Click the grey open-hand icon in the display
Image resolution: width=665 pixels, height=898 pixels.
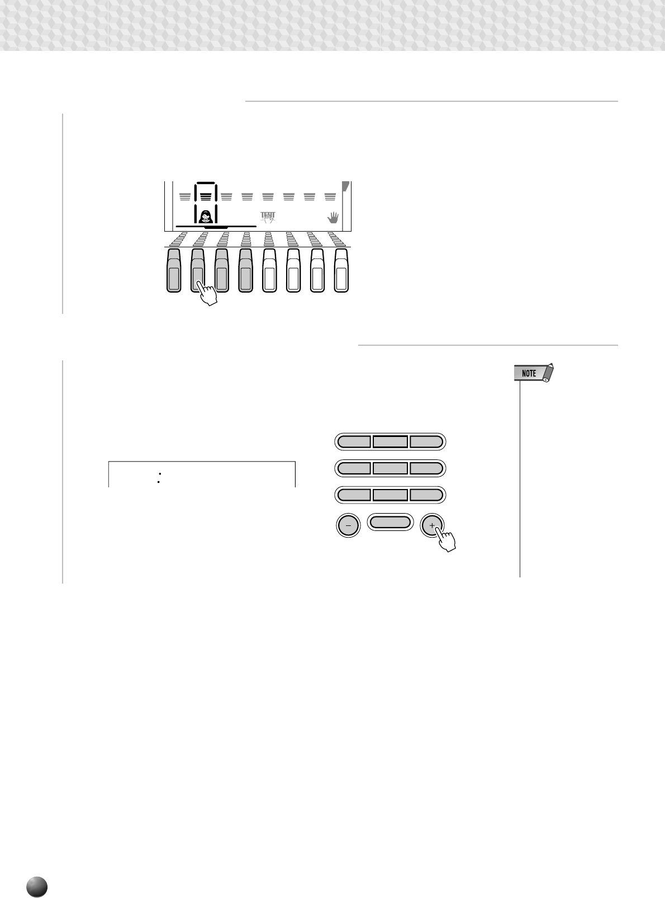pyautogui.click(x=332, y=218)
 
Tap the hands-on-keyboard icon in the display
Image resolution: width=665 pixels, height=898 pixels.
pyautogui.click(x=268, y=217)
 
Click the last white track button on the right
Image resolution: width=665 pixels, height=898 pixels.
pyautogui.click(x=341, y=271)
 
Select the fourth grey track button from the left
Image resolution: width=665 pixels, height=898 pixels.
pyautogui.click(x=246, y=271)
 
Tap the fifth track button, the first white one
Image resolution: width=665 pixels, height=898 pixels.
pyautogui.click(x=269, y=271)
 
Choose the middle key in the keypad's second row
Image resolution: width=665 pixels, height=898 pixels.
pyautogui.click(x=390, y=468)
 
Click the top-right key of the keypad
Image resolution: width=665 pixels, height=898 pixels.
pyautogui.click(x=426, y=441)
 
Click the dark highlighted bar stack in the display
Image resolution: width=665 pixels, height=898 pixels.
pyautogui.click(x=206, y=196)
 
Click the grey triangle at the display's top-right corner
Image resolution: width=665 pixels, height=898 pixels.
pyautogui.click(x=345, y=186)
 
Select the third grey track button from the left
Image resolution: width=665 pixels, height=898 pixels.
pyautogui.click(x=222, y=271)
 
